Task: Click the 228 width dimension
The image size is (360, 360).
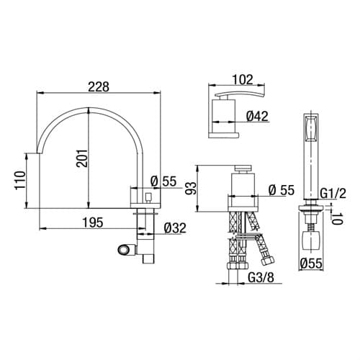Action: coord(99,87)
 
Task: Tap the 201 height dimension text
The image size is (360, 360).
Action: coord(82,158)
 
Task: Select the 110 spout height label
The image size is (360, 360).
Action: coord(20,181)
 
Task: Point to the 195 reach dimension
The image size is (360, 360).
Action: coord(93,222)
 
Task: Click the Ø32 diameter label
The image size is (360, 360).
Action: coord(175,228)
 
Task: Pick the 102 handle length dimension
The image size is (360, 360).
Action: coord(243,80)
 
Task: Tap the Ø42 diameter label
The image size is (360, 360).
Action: coord(257,117)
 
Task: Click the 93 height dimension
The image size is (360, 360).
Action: coord(191,188)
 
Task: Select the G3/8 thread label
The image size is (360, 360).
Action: coord(261,278)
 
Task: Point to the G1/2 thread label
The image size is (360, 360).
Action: coord(333,194)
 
